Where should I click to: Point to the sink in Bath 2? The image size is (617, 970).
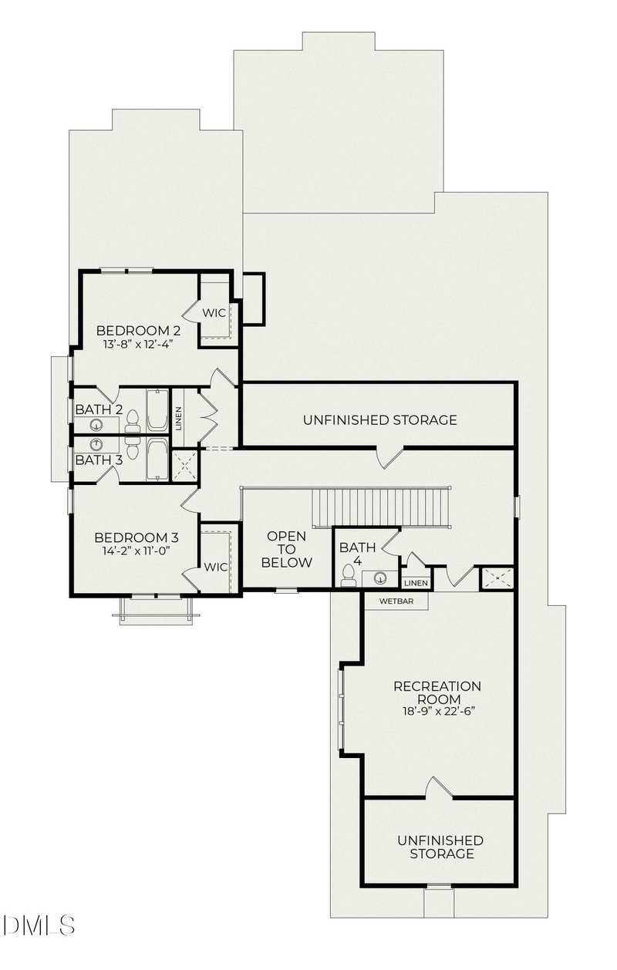coord(97,425)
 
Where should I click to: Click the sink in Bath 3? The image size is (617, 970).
coord(97,445)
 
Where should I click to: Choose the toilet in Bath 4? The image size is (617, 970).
coord(349,575)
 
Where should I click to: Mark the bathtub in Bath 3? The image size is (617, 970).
coord(157,460)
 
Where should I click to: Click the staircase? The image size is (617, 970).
coord(381,507)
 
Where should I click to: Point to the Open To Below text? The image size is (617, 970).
coord(286,549)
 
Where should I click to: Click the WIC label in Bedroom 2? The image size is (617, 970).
coord(214,313)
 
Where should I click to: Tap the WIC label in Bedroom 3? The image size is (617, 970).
coord(216,567)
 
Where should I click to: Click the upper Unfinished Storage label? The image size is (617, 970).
coord(379,420)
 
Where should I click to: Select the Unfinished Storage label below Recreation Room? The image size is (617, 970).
coord(440,847)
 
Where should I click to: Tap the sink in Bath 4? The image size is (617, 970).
coord(379,577)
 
